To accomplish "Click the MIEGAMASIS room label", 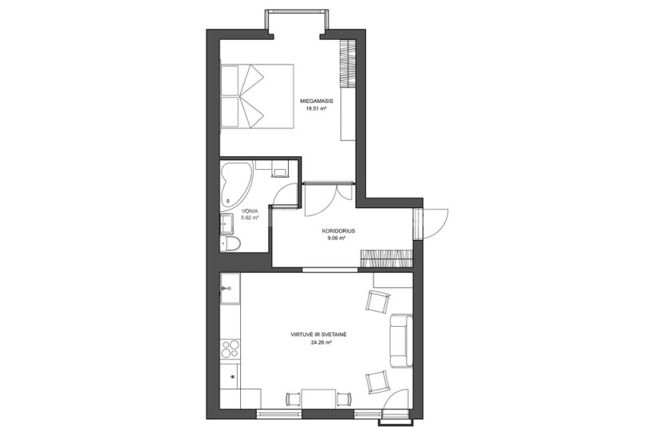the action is (317, 101).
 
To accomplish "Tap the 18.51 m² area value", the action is (316, 108).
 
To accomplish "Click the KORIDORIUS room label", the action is (338, 231).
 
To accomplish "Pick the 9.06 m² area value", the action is (337, 238).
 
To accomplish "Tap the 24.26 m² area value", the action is (321, 343).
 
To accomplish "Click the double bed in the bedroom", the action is (257, 96).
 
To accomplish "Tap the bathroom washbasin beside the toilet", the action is (227, 224).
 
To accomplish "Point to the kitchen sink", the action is (230, 288).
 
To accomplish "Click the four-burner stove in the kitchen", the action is (230, 349).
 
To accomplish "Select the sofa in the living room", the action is (401, 341).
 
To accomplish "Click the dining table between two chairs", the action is (319, 399).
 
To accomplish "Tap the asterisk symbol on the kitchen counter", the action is (233, 377).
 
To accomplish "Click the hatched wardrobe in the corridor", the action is (387, 257).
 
